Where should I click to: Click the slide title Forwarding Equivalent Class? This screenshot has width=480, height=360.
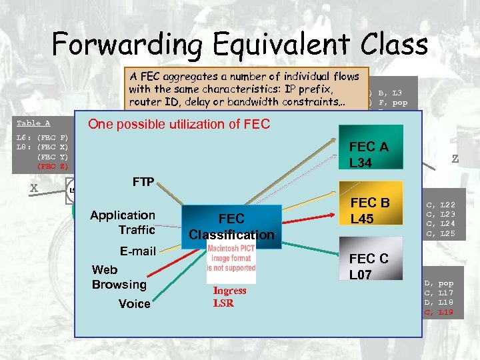(x=240, y=45)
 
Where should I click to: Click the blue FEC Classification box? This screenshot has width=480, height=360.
(x=231, y=226)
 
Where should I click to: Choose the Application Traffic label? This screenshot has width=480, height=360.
(x=123, y=222)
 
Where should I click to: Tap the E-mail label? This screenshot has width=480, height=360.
(x=137, y=251)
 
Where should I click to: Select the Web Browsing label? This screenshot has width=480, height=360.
(x=119, y=277)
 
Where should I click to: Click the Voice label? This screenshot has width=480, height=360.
(x=134, y=303)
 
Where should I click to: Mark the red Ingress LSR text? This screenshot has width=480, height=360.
(x=229, y=297)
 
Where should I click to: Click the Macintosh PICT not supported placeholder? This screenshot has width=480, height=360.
(x=231, y=258)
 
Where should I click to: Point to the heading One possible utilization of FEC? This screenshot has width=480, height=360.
(x=179, y=124)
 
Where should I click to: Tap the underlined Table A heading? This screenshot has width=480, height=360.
(x=33, y=123)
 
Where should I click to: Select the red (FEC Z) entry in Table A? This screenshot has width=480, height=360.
(x=52, y=166)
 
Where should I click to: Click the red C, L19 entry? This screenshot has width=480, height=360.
(x=439, y=311)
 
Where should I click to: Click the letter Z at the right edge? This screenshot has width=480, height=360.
(x=455, y=159)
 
